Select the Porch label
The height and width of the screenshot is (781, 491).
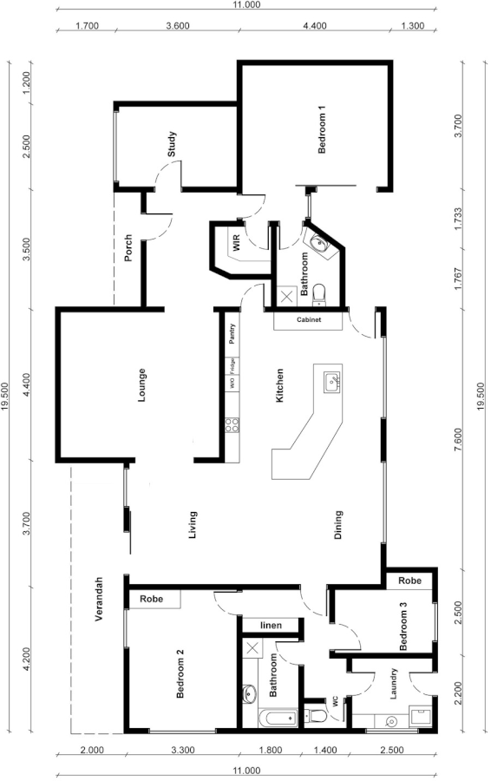coord(128,248)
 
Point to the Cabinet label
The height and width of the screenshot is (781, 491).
coord(309,320)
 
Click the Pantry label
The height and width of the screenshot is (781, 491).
coord(232,334)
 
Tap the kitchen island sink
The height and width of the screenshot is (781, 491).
coord(331,381)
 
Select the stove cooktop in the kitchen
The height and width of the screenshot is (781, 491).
coord(232,425)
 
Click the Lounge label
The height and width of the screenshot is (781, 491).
coord(141,386)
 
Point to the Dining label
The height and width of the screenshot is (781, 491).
coord(338,525)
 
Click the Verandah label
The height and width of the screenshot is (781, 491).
coord(100,600)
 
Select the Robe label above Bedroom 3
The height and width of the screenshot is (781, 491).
coord(410,580)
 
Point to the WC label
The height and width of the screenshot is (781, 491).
coord(334,701)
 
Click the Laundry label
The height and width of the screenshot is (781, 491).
coord(394,683)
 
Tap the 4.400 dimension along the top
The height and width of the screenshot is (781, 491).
coord(314,25)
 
